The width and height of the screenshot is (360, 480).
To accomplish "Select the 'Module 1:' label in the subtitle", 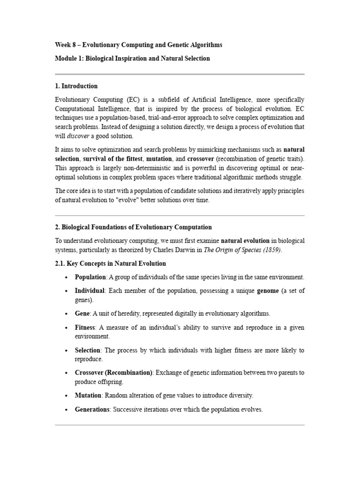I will (x=69, y=59).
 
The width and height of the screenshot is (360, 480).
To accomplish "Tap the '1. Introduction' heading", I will (x=76, y=86).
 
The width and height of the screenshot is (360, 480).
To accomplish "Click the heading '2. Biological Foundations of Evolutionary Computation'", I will (x=133, y=227).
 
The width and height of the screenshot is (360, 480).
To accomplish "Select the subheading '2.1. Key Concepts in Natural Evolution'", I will (x=110, y=263).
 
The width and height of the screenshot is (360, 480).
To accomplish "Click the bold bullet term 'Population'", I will (x=90, y=277).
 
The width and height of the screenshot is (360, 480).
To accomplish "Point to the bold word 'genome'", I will (x=268, y=291).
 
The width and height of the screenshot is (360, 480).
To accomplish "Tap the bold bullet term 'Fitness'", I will (x=85, y=327).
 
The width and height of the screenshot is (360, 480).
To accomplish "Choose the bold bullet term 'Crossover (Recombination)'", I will (x=113, y=373).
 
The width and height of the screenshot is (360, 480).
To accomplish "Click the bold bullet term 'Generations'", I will (x=92, y=409).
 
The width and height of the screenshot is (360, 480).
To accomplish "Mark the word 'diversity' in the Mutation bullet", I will (x=241, y=396).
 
